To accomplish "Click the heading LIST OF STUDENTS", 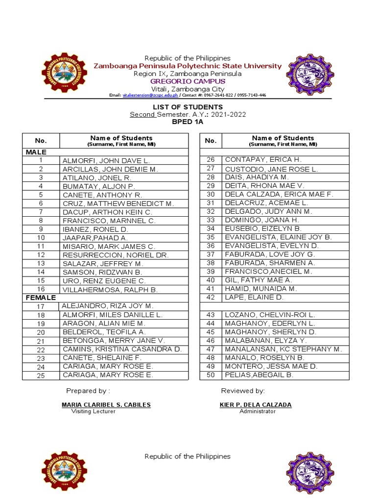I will click(x=188, y=107).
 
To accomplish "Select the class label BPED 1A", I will click(x=188, y=122).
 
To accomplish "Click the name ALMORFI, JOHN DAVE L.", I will click(x=106, y=160).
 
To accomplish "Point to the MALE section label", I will click(x=36, y=152).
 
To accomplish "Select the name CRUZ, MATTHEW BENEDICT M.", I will click(x=118, y=203).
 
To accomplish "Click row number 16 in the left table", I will click(x=41, y=289).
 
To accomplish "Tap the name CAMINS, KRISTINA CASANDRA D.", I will click(x=122, y=349).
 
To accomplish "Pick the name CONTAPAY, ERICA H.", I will click(x=263, y=160).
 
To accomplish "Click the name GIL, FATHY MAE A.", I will click(x=258, y=280).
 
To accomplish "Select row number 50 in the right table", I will click(x=211, y=375).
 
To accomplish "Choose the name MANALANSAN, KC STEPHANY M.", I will click(x=283, y=349).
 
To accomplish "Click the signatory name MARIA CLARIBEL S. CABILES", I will click(x=106, y=404).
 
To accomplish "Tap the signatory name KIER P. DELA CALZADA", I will click(x=256, y=404).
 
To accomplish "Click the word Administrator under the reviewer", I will click(x=258, y=411).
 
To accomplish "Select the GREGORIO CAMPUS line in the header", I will click(x=188, y=81).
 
